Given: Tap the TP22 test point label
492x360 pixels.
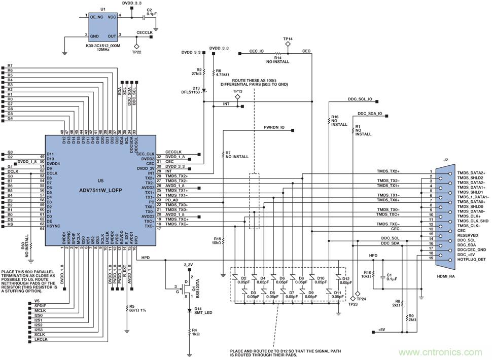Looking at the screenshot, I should pyautogui.click(x=136, y=52).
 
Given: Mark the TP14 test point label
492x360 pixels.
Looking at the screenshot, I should pyautogui.click(x=288, y=39).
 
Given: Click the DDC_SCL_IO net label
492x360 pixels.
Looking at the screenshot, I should pyautogui.click(x=360, y=99).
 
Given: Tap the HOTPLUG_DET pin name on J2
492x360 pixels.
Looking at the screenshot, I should pyautogui.click(x=471, y=260).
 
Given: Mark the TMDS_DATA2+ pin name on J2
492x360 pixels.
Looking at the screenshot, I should pyautogui.click(x=471, y=173).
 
